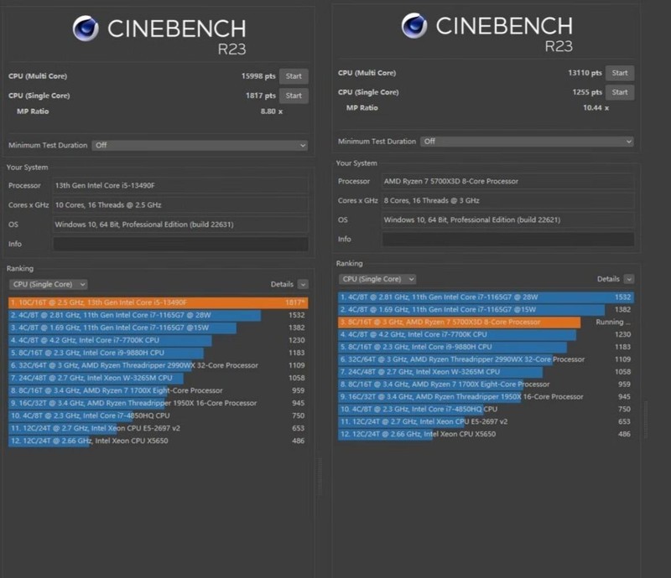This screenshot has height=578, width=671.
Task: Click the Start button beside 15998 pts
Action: click(294, 76)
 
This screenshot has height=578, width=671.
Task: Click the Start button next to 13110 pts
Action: click(619, 73)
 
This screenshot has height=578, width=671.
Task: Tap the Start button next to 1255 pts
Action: click(619, 92)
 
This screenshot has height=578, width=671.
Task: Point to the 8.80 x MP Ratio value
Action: click(271, 111)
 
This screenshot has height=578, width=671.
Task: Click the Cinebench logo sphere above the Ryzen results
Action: click(414, 26)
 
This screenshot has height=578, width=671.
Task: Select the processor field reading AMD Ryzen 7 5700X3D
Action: click(507, 181)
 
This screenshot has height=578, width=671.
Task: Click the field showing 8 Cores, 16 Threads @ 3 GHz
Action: click(507, 200)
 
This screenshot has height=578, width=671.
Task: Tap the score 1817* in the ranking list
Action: click(294, 302)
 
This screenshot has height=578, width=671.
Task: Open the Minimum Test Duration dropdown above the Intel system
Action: click(200, 145)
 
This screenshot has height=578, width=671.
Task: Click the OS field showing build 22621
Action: click(507, 219)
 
